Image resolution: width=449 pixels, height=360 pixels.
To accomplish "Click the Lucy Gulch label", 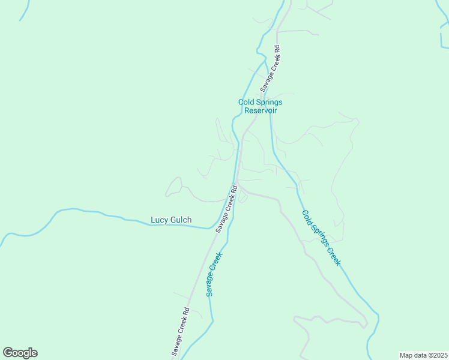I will click(x=171, y=220).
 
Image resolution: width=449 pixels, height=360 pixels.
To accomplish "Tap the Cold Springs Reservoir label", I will click(x=260, y=106).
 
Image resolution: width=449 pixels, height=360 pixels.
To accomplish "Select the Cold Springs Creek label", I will click(x=321, y=238).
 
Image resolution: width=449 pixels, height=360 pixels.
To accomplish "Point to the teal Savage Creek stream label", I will click(x=214, y=274).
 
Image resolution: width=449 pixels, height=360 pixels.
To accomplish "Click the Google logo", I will click(x=20, y=353).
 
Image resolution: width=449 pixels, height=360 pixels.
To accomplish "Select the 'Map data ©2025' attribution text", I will click(x=423, y=355).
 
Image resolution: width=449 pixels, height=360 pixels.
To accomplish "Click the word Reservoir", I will click(x=260, y=110).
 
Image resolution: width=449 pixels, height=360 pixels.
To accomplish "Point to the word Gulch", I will click(x=181, y=220).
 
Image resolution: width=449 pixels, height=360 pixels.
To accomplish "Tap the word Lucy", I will click(x=159, y=220).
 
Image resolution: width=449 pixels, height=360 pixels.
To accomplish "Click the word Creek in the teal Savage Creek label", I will click(x=217, y=263).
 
